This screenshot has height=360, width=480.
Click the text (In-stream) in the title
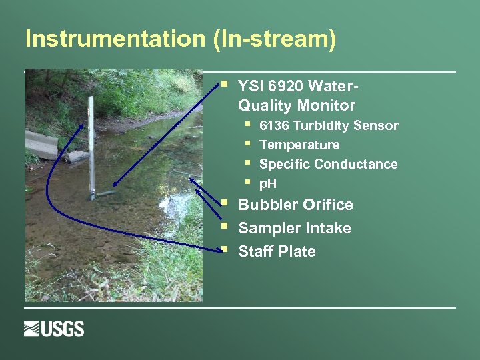[x=275, y=39]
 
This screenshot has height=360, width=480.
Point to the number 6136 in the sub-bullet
[x=274, y=125]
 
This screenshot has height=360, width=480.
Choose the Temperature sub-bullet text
[x=299, y=145]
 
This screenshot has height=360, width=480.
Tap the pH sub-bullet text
[x=267, y=183]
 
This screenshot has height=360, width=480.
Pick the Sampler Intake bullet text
[x=295, y=228]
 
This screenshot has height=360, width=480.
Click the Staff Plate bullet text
[x=277, y=251]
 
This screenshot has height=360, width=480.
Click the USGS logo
[x=54, y=329]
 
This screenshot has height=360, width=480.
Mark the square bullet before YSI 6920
[x=225, y=85]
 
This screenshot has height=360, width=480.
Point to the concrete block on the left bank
[x=41, y=145]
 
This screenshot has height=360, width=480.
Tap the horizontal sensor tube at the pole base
[x=104, y=194]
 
